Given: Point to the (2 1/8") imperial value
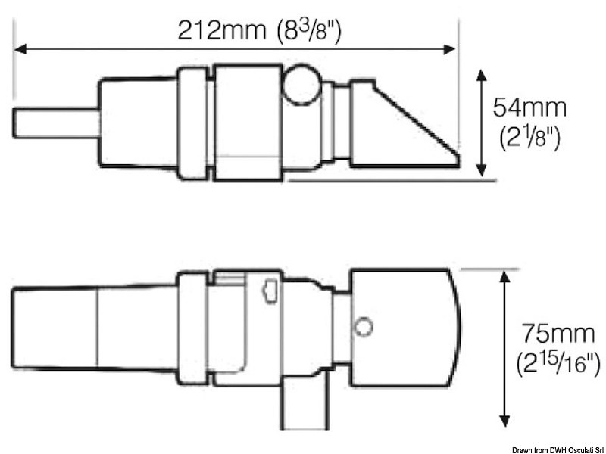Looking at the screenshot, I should [x=529, y=138].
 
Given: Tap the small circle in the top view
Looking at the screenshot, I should [x=364, y=327].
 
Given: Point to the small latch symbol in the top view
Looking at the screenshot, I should [x=269, y=292].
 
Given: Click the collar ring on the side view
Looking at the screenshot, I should [x=192, y=123].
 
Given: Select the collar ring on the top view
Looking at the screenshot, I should [x=192, y=328].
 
